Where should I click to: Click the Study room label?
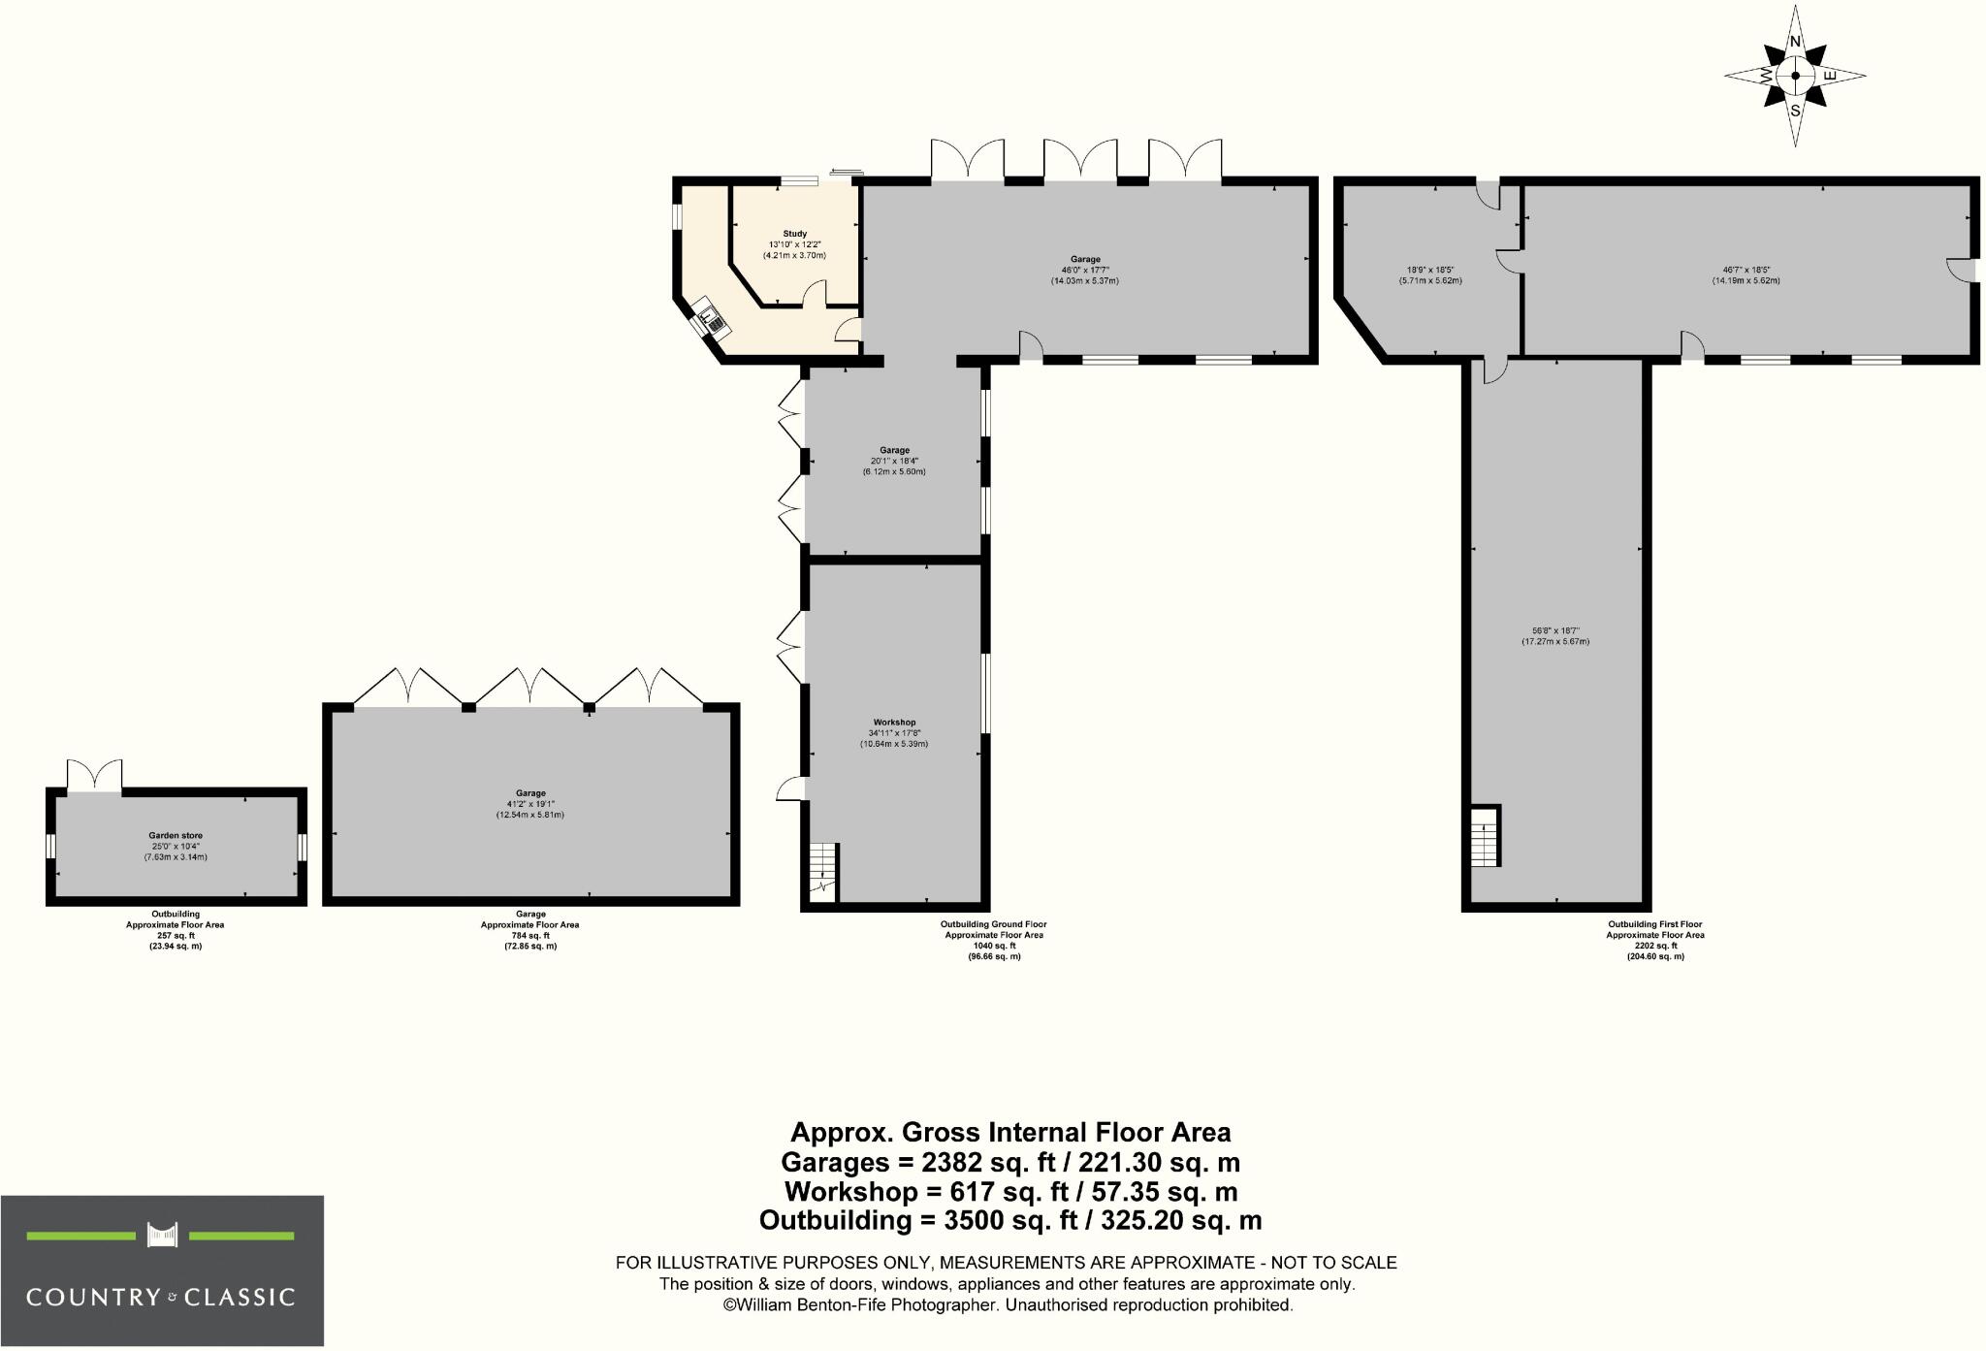(794, 234)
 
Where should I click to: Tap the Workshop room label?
(894, 723)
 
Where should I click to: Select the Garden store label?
(176, 835)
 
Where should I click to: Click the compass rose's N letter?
(1795, 68)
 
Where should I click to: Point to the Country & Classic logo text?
(161, 1297)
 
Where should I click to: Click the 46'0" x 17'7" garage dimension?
(1085, 271)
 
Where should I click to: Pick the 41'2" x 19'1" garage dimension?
(530, 804)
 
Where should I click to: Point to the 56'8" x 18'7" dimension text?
(1555, 630)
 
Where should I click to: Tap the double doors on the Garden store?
(95, 776)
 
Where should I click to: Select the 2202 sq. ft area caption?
(1655, 946)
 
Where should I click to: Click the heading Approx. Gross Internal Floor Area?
(1010, 1132)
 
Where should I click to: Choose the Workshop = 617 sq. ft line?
(1010, 1191)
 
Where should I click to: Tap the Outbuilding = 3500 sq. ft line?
(1010, 1220)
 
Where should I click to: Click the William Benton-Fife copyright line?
(1009, 1305)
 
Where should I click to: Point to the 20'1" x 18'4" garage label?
(894, 461)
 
